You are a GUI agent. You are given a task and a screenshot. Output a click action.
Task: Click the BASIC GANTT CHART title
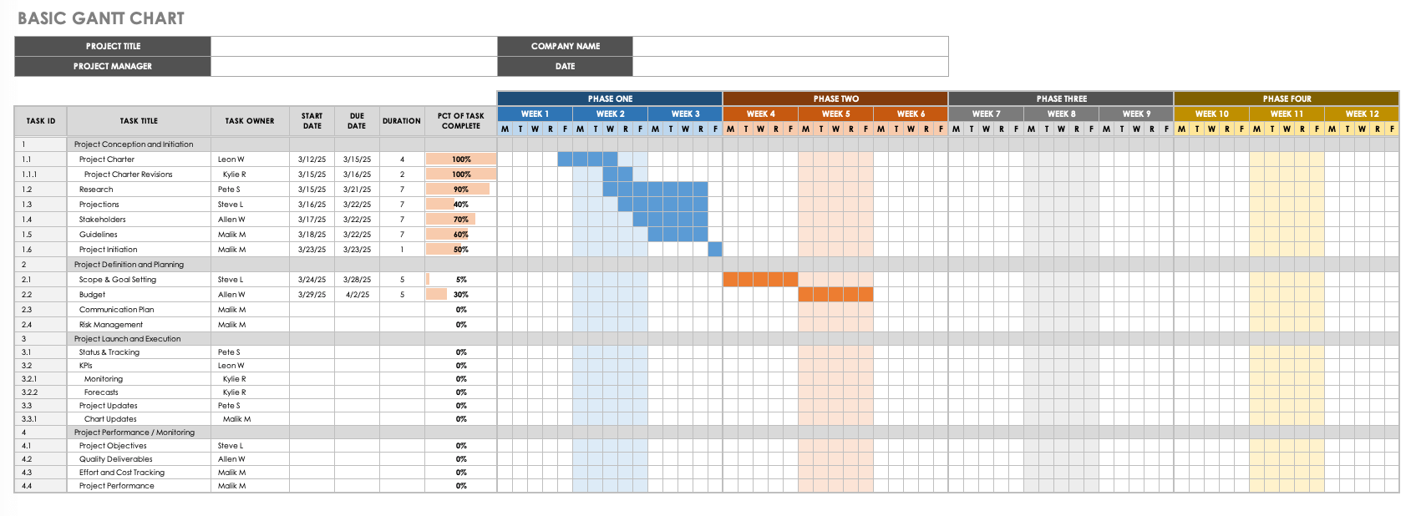101,18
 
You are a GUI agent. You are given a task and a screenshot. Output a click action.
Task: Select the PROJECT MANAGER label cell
113,66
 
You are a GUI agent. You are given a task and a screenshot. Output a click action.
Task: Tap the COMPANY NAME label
565,46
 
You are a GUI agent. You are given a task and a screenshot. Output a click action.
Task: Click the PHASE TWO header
835,99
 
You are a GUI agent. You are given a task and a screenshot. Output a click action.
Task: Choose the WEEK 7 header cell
986,114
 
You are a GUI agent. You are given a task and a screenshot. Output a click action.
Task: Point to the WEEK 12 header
1362,114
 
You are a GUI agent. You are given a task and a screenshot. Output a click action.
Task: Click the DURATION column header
402,121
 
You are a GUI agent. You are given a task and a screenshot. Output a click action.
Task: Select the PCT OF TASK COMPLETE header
460,121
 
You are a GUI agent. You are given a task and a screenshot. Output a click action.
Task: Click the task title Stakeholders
103,220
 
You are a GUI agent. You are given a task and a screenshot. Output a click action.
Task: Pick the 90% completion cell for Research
461,190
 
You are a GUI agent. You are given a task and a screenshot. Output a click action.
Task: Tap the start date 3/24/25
312,280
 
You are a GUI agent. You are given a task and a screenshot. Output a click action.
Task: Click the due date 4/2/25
357,295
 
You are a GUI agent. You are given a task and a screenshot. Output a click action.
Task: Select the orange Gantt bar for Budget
835,295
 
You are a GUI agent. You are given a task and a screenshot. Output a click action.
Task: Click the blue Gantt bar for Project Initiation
715,250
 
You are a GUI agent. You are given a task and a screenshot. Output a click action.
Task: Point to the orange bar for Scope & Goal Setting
760,280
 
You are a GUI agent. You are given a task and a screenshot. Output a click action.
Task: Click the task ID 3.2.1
29,379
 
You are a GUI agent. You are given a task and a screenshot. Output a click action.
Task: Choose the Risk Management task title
111,325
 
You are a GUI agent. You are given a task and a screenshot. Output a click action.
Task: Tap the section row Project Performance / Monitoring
134,433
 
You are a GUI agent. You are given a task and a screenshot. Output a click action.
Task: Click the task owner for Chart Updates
236,419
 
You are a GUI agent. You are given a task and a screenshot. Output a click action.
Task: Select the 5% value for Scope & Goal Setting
461,280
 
